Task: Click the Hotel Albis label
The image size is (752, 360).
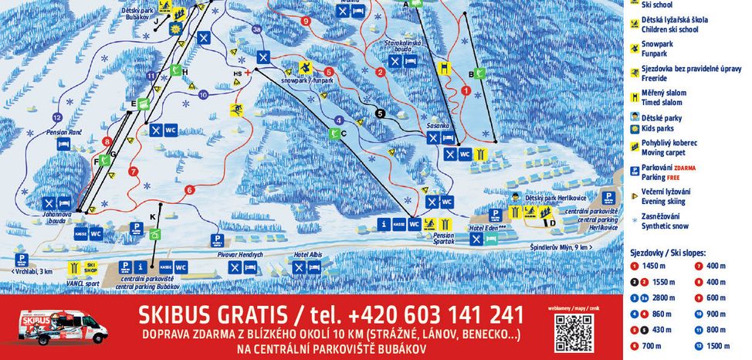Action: tap(307, 254)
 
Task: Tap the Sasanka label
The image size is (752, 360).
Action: tap(438, 125)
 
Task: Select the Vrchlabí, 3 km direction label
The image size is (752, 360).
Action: tap(32, 271)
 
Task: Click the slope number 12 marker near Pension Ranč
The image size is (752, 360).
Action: tap(56, 117)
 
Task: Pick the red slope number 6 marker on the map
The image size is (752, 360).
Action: tap(189, 189)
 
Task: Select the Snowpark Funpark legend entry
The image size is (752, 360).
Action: tap(657, 49)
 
